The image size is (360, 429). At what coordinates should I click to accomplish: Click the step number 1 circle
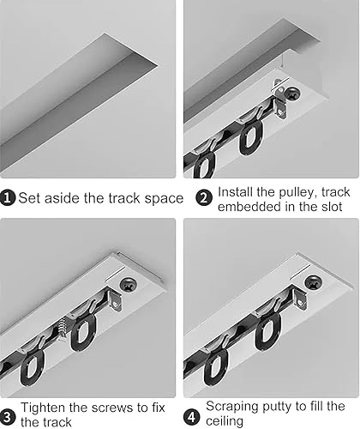click(8, 198)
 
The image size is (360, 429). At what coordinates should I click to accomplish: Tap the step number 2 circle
click(204, 198)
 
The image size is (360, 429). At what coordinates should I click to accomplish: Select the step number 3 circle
click(8, 416)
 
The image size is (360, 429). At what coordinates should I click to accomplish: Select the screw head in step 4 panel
click(313, 281)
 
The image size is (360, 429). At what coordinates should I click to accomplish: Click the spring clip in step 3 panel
click(63, 328)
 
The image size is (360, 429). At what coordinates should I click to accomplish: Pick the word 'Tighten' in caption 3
click(44, 408)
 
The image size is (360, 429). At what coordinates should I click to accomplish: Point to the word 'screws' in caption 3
click(112, 408)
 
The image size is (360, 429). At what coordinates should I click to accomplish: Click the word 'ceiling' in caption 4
click(225, 420)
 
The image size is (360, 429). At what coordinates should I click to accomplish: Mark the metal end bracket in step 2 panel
click(280, 100)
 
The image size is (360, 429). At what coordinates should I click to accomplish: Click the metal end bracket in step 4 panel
click(300, 300)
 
